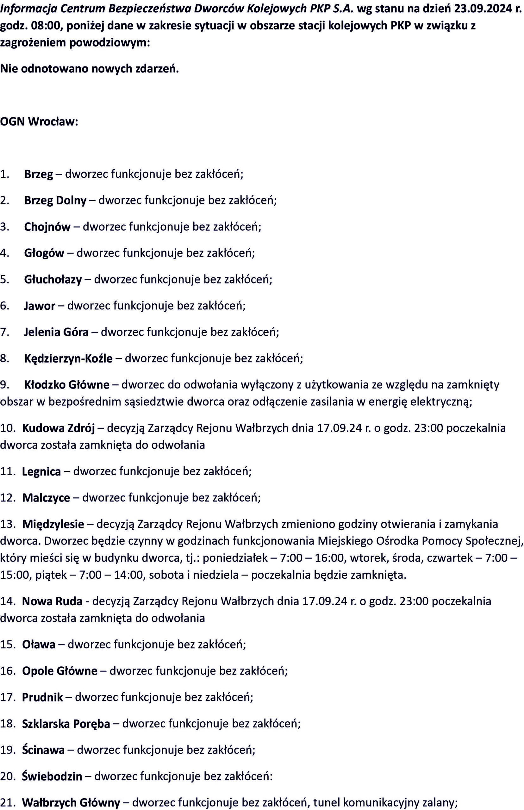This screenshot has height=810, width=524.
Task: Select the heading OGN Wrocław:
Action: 39,121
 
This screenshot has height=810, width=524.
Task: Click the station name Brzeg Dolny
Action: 55,200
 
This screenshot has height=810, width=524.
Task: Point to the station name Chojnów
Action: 47,227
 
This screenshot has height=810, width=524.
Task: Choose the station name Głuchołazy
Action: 53,279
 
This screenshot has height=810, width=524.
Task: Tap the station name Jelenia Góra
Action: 56,332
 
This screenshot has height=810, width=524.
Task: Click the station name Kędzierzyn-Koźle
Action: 68,358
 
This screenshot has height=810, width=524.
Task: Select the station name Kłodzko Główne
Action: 67,385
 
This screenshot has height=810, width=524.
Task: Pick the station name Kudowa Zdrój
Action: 58,428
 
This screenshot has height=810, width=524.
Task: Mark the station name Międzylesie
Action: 53,524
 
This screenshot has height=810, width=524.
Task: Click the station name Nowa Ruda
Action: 52,601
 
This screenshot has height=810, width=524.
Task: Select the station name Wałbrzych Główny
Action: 71,793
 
